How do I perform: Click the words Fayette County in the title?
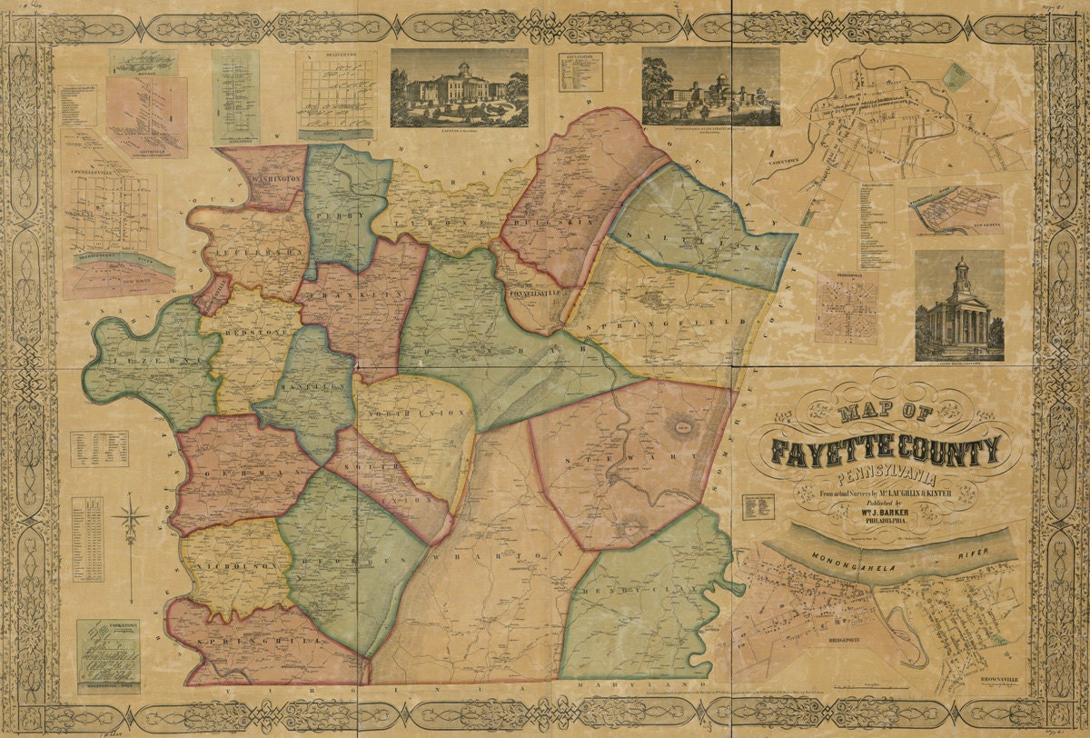[x=886, y=449]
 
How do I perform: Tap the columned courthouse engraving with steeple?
[x=959, y=305]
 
